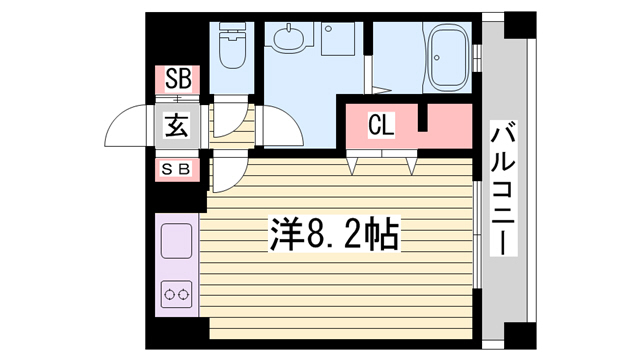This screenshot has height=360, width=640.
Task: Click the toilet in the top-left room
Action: tap(232, 45)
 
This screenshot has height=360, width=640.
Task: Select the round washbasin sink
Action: tap(289, 38)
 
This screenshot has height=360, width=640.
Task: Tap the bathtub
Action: tap(448, 57)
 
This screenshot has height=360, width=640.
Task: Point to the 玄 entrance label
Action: tap(177, 126)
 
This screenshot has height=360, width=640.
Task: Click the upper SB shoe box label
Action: tap(178, 79)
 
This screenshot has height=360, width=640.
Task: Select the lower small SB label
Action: tap(176, 169)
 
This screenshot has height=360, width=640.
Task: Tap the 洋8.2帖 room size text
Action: tap(333, 235)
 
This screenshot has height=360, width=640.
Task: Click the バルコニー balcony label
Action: tap(503, 189)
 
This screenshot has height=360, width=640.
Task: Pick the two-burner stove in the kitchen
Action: tap(176, 294)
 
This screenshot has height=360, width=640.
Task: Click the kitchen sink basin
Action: tap(176, 240)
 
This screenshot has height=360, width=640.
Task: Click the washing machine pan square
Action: tap(337, 38)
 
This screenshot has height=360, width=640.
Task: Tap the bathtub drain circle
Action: tap(437, 58)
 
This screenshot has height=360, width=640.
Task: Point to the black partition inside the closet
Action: tap(423, 118)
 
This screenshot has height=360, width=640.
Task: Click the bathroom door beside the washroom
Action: tap(368, 74)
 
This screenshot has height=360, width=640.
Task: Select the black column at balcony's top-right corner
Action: tap(520, 25)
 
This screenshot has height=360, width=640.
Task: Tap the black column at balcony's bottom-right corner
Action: tap(520, 336)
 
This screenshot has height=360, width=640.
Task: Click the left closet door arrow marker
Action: tap(352, 165)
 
